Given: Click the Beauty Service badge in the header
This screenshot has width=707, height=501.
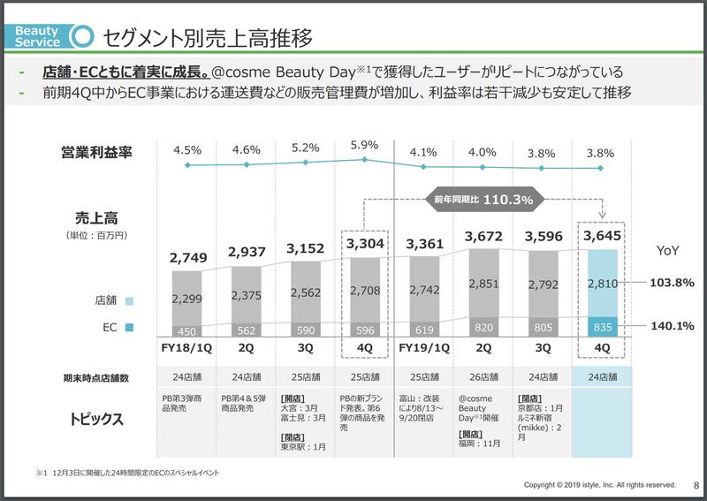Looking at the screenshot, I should [x=38, y=36].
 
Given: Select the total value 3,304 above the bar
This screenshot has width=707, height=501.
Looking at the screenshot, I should [x=364, y=245].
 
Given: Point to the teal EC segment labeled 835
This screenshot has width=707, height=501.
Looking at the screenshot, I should [x=601, y=326].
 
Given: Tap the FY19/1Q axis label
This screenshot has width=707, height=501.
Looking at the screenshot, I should [x=423, y=348].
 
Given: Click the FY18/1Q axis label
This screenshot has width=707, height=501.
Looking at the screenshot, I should [x=186, y=348].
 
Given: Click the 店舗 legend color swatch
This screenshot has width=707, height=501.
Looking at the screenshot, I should [x=130, y=300].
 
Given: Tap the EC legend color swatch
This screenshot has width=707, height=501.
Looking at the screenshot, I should [x=130, y=328].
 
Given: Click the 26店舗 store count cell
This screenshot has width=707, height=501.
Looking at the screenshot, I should [x=483, y=378].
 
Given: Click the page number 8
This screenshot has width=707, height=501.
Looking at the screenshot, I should [x=696, y=485].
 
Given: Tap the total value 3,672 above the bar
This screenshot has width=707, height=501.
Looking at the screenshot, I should [x=483, y=237].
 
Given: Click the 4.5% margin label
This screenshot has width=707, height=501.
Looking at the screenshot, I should [x=186, y=149].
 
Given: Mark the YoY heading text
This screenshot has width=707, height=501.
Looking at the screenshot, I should [x=668, y=251].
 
